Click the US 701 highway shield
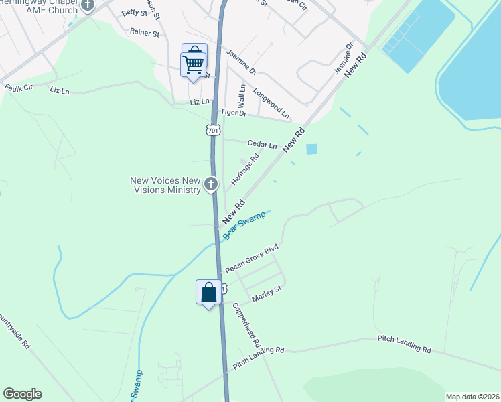[x=212, y=130]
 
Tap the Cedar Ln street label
[x=262, y=144]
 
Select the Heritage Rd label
[x=245, y=171]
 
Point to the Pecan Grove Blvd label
[x=251, y=259]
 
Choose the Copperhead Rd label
[x=246, y=324]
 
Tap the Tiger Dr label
[x=234, y=113]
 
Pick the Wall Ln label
[x=242, y=96]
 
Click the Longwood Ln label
[x=271, y=106]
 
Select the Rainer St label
[x=145, y=31]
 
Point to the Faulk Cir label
[x=18, y=88]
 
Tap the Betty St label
[x=134, y=13]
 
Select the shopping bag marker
[x=209, y=292]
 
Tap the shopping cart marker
[x=193, y=64]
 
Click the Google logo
[x=22, y=394]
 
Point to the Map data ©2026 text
[x=472, y=397]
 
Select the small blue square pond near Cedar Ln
[x=312, y=149]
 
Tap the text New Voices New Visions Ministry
[x=165, y=185]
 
